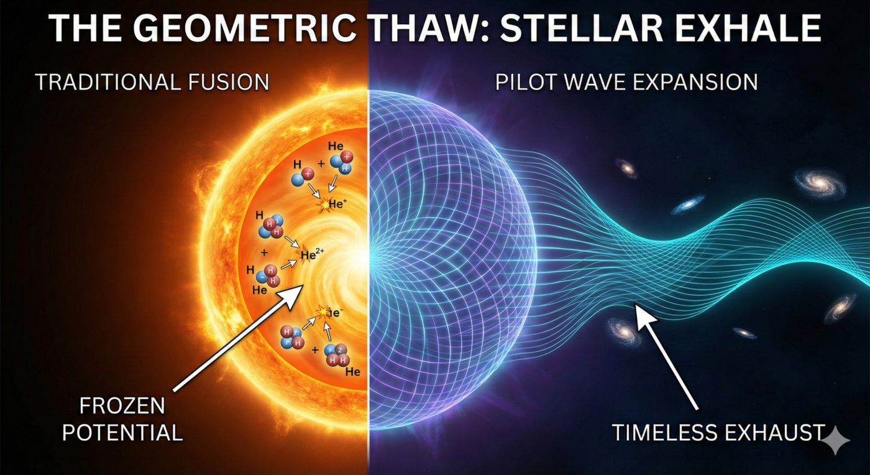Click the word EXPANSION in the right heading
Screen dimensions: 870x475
[697, 82]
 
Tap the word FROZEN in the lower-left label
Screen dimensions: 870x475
[122, 406]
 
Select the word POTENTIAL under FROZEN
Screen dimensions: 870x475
[122, 432]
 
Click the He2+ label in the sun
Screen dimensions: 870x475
[312, 254]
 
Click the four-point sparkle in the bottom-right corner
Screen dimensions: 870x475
[836, 440]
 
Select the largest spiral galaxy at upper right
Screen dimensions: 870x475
[820, 182]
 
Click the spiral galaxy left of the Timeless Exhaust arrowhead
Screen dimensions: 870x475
[624, 331]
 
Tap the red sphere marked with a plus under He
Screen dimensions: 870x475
[347, 157]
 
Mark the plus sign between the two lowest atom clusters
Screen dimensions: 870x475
[315, 350]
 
